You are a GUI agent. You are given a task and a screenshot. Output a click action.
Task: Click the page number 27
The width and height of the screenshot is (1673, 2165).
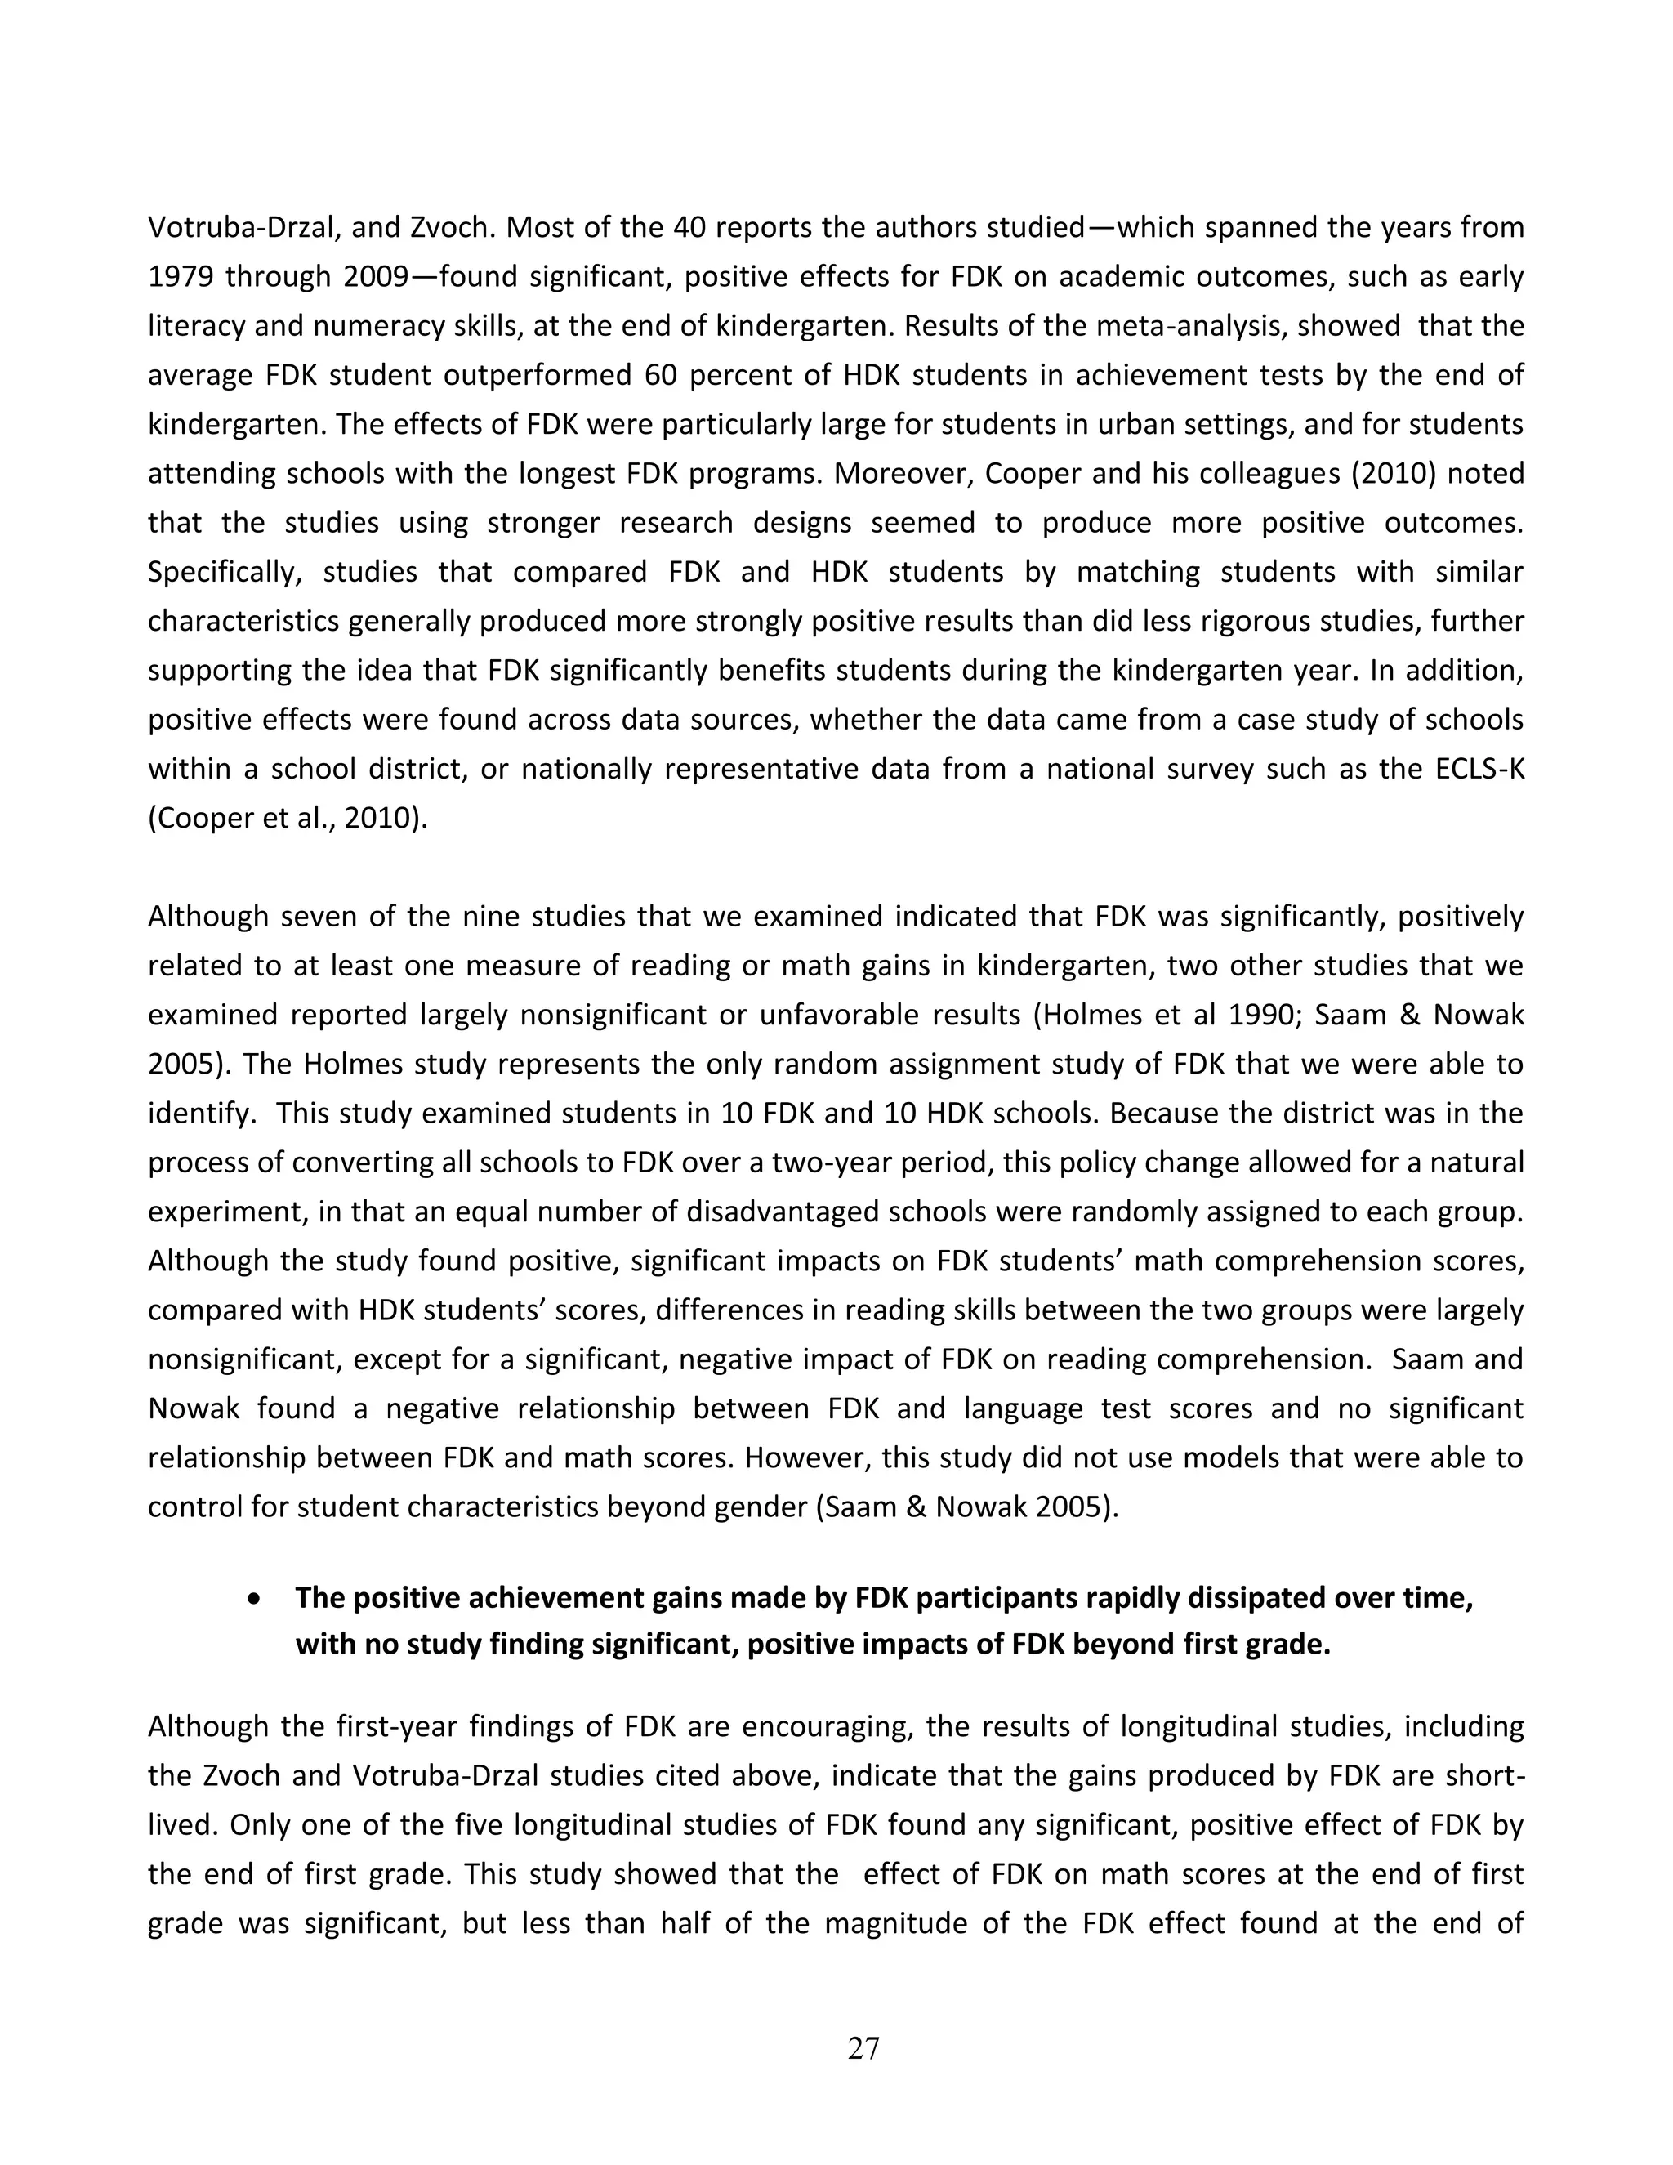tap(863, 2047)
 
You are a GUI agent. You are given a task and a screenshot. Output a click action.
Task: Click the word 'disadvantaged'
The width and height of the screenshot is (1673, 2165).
tap(859, 1212)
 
